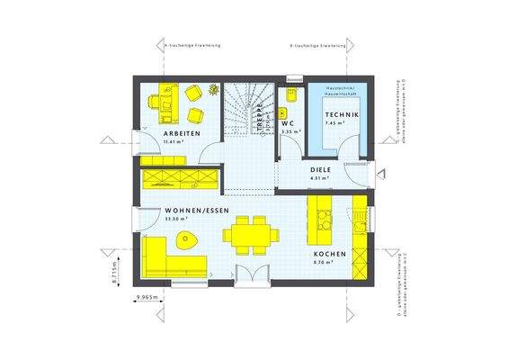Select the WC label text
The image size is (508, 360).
pyautogui.click(x=288, y=123)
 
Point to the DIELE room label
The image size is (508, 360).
pyautogui.click(x=321, y=168)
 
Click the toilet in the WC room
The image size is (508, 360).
pyautogui.click(x=290, y=100)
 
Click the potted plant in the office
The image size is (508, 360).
pyautogui.click(x=213, y=89)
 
